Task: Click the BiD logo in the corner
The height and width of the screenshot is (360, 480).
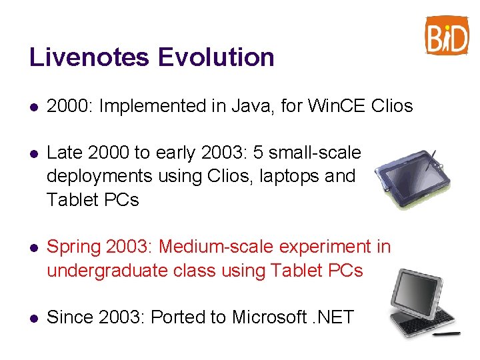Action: tap(447, 35)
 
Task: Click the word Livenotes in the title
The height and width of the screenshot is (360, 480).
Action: tap(89, 57)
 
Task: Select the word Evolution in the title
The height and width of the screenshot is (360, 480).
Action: tap(216, 57)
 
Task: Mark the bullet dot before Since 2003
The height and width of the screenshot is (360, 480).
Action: tap(34, 318)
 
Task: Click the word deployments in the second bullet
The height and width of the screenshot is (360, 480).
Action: tap(99, 177)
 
